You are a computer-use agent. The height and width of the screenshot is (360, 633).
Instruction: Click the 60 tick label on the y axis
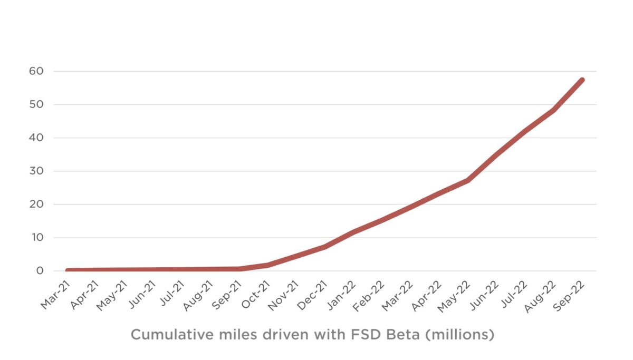pyautogui.click(x=43, y=71)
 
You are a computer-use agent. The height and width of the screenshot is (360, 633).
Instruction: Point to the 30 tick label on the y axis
pyautogui.click(x=43, y=171)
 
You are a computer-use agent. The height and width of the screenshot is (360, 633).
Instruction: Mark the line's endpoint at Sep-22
pyautogui.click(x=582, y=80)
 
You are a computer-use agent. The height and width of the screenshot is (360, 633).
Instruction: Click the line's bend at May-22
pyautogui.click(x=467, y=180)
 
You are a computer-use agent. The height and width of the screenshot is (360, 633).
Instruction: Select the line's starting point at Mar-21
pyautogui.click(x=68, y=270)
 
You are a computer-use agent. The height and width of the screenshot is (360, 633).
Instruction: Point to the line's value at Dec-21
pyautogui.click(x=325, y=246)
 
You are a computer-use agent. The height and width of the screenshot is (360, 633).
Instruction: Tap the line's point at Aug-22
pyautogui.click(x=553, y=110)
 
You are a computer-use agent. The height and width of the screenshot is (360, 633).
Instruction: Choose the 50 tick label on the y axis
pyautogui.click(x=43, y=104)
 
